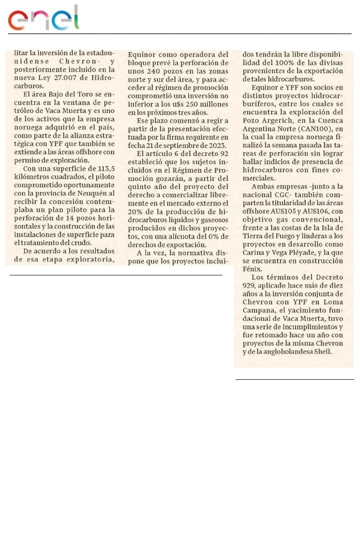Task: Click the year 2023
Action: pyautogui.click(x=216, y=145)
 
